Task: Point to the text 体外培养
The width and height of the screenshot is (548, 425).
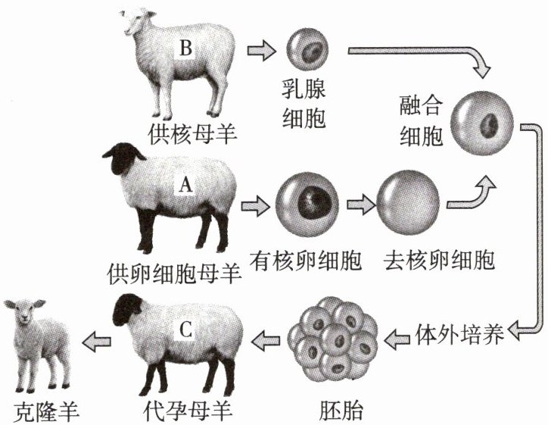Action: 460,335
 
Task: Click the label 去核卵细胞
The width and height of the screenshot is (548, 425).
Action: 439,261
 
